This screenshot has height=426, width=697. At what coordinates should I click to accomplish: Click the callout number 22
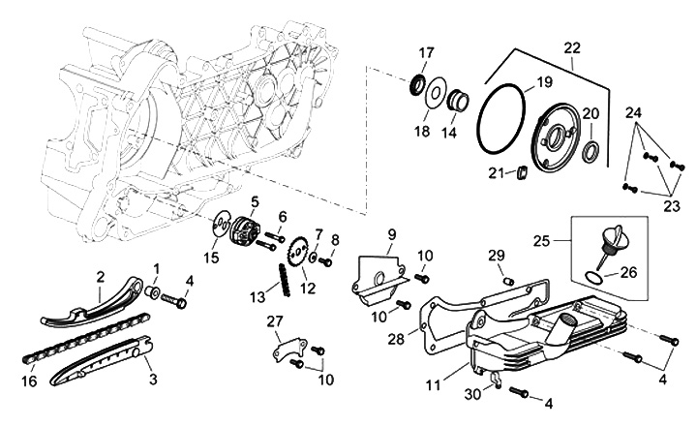tap(572, 47)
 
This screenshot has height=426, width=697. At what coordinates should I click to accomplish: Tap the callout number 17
tap(427, 51)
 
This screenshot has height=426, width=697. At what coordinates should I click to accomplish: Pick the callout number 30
tap(471, 394)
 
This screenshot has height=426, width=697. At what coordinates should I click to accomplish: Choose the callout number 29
tap(497, 255)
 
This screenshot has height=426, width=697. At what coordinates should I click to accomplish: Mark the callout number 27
tap(274, 321)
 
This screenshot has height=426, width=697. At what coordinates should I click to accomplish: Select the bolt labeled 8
tap(328, 260)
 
